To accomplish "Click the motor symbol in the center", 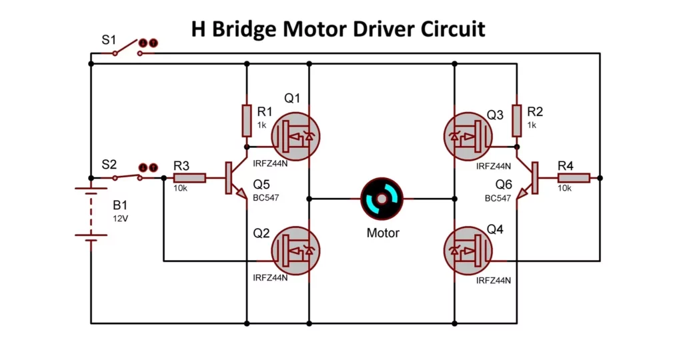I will pos(383,199).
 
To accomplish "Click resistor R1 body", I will pos(247,119).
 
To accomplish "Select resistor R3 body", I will pos(189,178).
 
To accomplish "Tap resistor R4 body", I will pos(574,178).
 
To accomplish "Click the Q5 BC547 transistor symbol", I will pos(233,179).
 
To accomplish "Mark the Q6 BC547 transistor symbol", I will pos(531,178).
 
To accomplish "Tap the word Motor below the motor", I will pos(383,233).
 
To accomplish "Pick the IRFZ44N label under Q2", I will pos(270,277).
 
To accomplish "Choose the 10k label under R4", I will pos(564,189).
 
